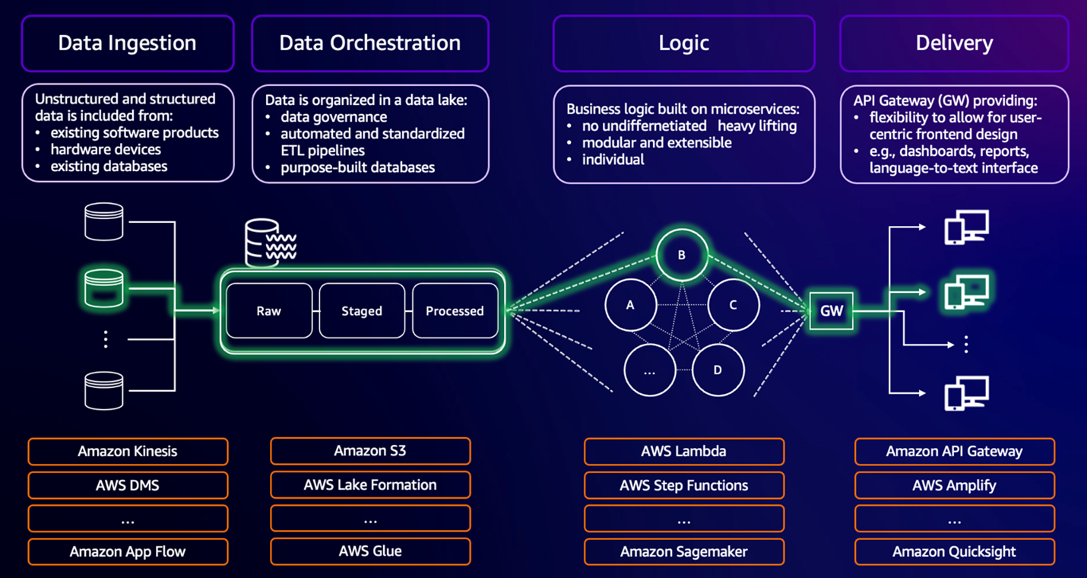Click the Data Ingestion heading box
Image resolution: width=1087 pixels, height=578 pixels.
click(127, 43)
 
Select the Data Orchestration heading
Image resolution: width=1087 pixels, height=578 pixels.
click(370, 43)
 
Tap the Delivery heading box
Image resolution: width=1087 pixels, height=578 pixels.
click(954, 43)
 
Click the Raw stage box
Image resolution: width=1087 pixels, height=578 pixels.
click(269, 310)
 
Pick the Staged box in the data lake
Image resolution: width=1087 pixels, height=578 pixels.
click(362, 310)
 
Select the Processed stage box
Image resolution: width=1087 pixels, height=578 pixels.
click(455, 310)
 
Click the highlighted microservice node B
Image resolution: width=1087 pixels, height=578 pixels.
click(682, 255)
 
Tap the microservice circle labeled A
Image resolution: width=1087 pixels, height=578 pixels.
click(630, 305)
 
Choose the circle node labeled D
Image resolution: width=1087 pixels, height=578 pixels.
click(718, 370)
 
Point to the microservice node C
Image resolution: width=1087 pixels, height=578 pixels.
click(733, 305)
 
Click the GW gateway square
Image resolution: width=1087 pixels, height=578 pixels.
click(832, 310)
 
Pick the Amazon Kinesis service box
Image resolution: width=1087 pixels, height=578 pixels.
click(128, 451)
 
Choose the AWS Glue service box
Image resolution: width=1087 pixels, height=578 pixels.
click(370, 551)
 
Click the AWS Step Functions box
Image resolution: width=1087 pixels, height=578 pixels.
click(683, 485)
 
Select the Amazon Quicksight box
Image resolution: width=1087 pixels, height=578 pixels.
click(954, 551)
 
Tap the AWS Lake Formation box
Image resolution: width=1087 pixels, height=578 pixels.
click(370, 484)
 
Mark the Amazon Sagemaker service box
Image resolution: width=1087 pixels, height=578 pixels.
click(683, 551)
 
